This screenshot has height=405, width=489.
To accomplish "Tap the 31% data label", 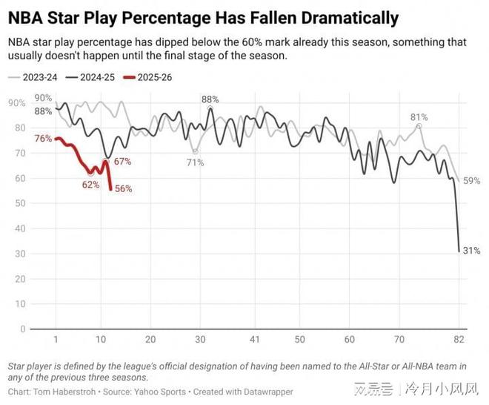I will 472,251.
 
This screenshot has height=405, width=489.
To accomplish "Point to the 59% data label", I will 472,180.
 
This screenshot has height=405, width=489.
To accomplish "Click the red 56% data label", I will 123,189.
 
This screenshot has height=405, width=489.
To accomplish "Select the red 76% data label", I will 43,139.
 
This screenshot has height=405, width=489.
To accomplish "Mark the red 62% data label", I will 90,185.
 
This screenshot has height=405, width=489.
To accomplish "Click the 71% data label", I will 195,163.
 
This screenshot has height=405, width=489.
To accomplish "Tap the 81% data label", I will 419,117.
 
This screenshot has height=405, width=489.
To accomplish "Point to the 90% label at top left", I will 43,98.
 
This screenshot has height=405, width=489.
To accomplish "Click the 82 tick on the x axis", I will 459,340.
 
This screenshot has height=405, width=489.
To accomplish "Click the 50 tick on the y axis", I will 21,203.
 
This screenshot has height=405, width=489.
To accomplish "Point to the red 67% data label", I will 123,162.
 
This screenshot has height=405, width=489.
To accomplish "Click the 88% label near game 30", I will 210,99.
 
